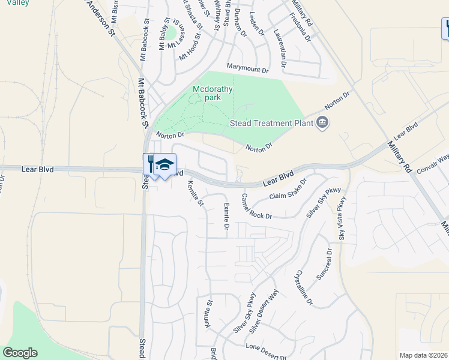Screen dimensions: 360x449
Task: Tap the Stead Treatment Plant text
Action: click(272, 123)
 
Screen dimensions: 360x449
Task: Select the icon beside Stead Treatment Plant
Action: click(323, 123)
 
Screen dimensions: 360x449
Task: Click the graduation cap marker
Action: click(165, 164)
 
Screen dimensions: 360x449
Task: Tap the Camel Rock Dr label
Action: click(256, 206)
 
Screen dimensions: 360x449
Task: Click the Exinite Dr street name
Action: click(226, 217)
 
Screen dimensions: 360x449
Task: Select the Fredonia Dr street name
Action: click(300, 28)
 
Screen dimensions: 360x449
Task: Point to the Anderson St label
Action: click(100, 18)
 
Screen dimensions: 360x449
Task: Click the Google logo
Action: click(20, 353)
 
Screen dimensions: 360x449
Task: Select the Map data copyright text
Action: click(423, 355)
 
